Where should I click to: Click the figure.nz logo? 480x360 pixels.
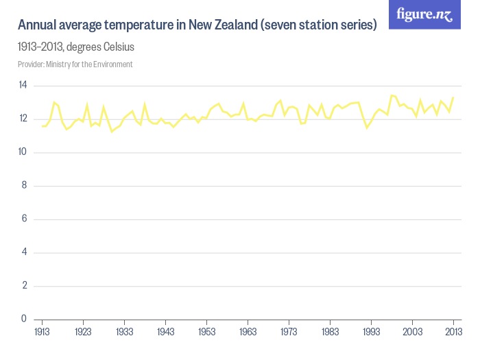(424, 14)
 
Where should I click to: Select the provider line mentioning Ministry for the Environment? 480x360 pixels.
(75, 64)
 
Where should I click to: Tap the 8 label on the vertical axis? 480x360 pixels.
(23, 185)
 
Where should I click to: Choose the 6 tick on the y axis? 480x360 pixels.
(23, 219)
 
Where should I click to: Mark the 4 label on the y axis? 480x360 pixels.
(23, 252)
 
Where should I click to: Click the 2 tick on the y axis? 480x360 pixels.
(23, 286)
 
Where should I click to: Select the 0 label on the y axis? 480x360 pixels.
(23, 319)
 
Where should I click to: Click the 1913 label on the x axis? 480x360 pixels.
(43, 331)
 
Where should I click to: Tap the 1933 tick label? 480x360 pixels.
(125, 331)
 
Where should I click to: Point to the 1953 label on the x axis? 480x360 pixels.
(207, 331)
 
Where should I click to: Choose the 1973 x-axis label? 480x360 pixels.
(289, 331)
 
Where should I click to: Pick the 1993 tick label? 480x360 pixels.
(372, 331)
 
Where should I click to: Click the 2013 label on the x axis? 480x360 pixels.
(453, 331)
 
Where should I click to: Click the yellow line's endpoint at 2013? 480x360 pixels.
(453, 97)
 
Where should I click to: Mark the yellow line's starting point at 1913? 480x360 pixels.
(43, 125)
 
